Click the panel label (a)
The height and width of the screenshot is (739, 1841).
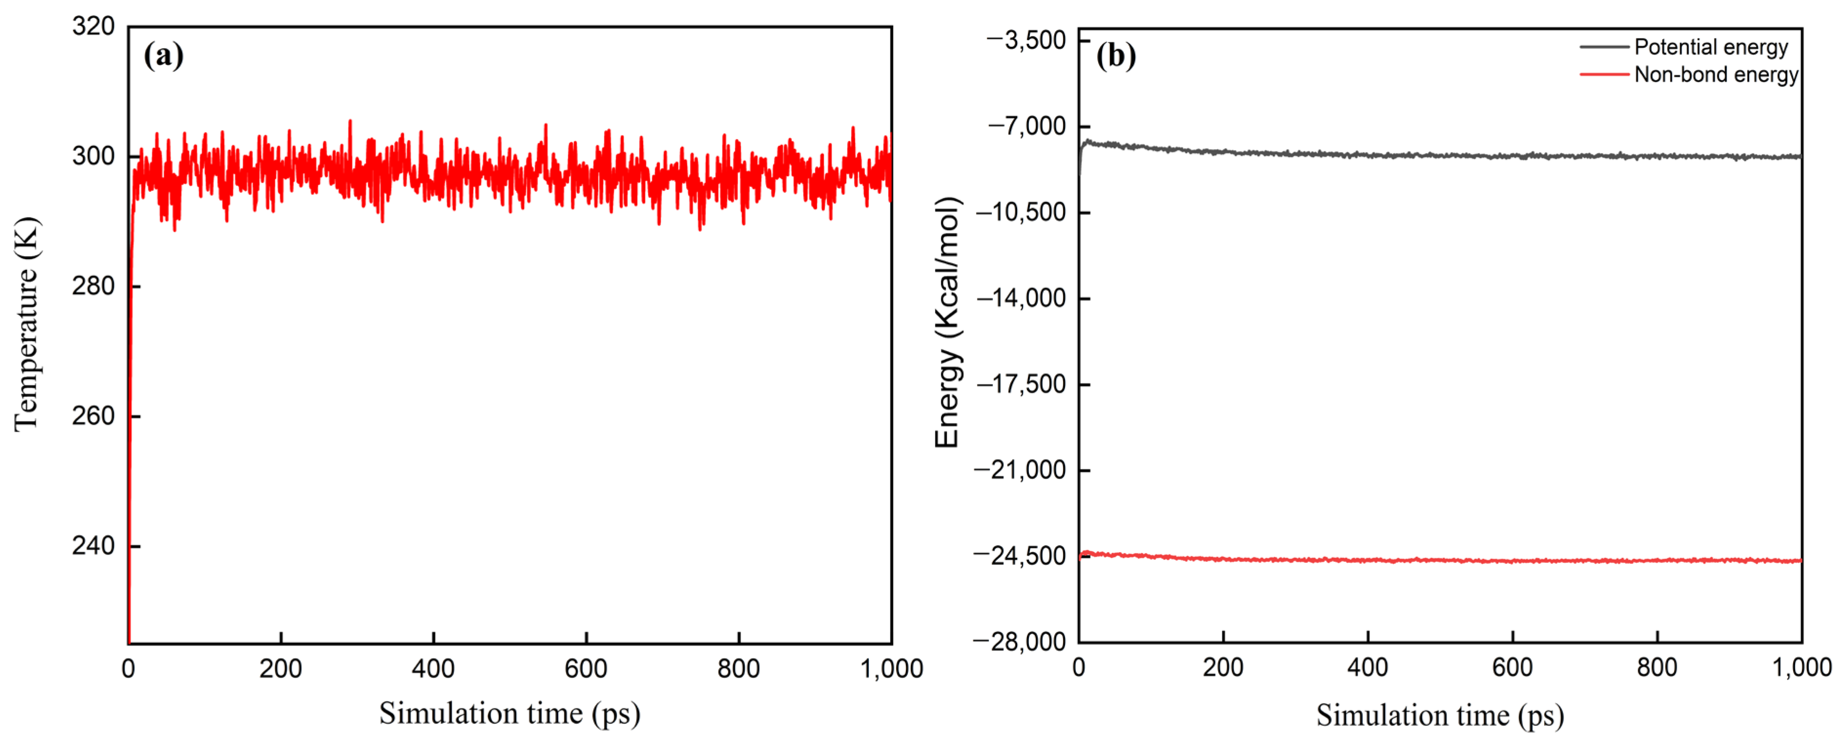[x=164, y=55]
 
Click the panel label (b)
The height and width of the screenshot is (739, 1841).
[x=1116, y=55]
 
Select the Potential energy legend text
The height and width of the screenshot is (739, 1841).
[x=1711, y=47]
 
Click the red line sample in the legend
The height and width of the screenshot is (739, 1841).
[x=1604, y=74]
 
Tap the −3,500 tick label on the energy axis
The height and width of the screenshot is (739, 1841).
[x=1026, y=41]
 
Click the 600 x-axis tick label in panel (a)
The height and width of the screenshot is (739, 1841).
[x=586, y=669]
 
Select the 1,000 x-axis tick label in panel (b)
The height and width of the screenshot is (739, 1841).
[x=1801, y=668]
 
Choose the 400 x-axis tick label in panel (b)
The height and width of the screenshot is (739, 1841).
[x=1367, y=668]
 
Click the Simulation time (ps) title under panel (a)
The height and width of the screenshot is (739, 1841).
[x=509, y=713]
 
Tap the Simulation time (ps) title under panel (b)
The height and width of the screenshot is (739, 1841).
[x=1440, y=715]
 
